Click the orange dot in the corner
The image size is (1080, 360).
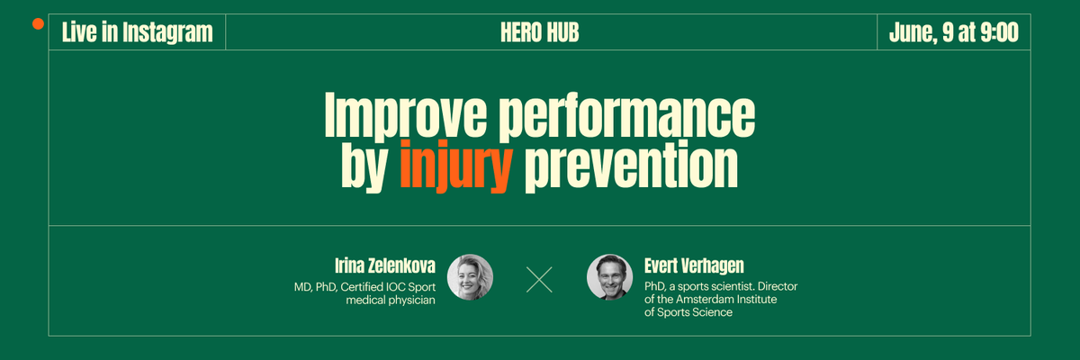point(38,23)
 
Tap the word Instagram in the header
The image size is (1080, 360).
point(166,33)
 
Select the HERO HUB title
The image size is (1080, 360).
point(539,33)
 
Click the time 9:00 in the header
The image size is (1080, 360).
point(999,33)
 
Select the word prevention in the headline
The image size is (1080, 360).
point(630,165)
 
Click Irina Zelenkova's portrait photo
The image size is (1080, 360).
point(470,276)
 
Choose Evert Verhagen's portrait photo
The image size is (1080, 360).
point(609,276)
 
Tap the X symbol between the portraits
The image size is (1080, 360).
point(539,279)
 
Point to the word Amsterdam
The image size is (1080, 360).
point(712,299)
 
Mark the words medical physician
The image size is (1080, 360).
point(391,300)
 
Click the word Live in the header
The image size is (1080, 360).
point(78,33)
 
